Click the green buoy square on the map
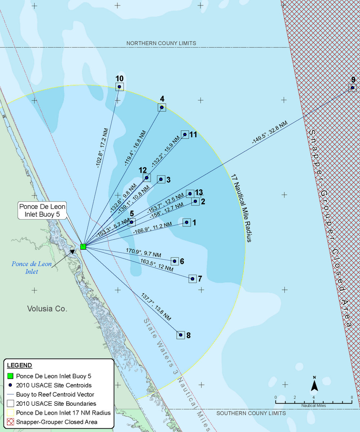point(83,247)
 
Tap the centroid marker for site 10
point(120,86)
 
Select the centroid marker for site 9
point(352,87)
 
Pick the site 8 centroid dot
point(181,335)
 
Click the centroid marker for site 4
point(162,107)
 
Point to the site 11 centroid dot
point(185,135)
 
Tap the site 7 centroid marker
point(193,279)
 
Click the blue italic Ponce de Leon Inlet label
point(31,268)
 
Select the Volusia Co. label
point(48,309)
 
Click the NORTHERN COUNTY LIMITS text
point(161,43)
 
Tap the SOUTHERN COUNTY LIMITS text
point(251,413)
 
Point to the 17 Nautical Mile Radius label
point(241,208)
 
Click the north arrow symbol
point(314,384)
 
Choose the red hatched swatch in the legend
point(11,422)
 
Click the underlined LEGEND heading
point(19,365)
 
